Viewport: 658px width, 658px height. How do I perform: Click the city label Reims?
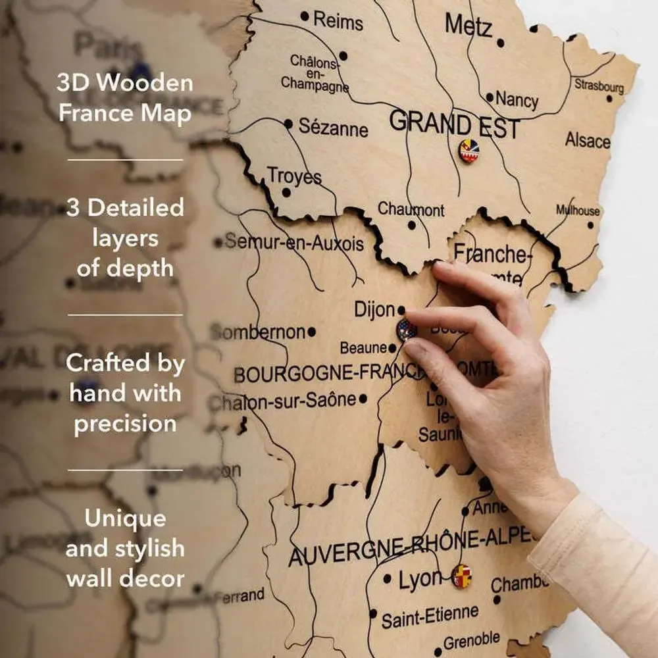pos(338,20)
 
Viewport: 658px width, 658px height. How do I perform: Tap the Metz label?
pos(468,26)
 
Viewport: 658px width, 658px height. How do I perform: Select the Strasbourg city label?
pos(599,86)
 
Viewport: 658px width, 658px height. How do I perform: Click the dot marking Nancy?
pos(490,97)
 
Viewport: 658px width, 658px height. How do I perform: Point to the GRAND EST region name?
pos(455,124)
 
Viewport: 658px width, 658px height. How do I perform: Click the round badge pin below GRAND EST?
pos(468,151)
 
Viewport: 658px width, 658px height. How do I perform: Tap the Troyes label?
pos(294,176)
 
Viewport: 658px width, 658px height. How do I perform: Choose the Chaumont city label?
pos(411,210)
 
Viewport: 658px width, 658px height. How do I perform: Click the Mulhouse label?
pos(578,211)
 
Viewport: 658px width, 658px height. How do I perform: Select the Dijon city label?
pos(374,309)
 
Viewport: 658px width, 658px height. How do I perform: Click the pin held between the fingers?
pos(406,329)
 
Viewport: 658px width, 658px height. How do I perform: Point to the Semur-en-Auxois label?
pos(294,243)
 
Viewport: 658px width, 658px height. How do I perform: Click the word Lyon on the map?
pos(419,580)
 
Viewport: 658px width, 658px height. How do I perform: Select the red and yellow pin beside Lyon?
pos(462,576)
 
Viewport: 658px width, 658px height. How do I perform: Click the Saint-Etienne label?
pos(430,617)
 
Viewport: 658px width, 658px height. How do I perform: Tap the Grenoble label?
pos(471,641)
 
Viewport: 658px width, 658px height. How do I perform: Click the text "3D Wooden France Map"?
pos(125,98)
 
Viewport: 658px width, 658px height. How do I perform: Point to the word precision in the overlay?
pos(125,423)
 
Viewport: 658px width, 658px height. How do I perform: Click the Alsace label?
pos(588,140)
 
